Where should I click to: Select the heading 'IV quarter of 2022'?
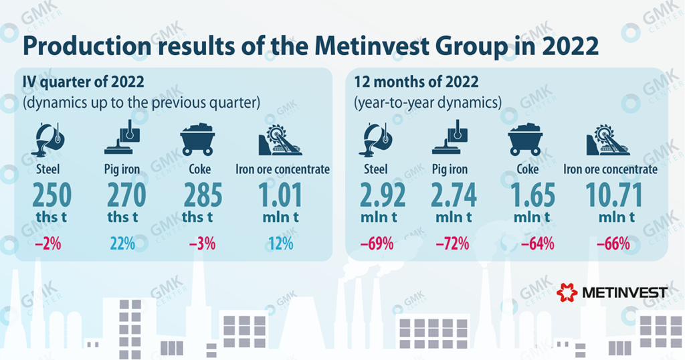tap(84, 82)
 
